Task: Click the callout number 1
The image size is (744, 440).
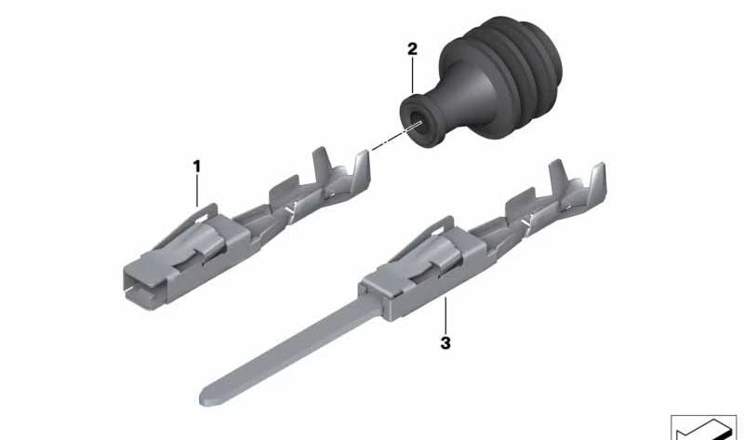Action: [196, 166]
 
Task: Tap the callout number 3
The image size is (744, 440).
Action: [445, 343]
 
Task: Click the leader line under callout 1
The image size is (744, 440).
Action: [196, 190]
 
